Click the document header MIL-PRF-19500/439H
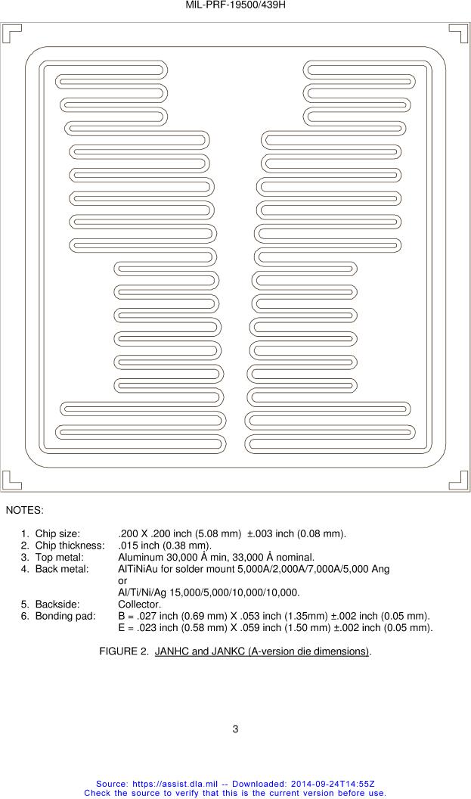click(235, 5)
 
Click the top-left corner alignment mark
click(11, 33)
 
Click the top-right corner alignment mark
click(459, 33)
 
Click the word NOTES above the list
click(24, 511)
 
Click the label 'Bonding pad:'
click(65, 616)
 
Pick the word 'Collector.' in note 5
click(139, 605)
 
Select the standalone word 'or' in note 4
click(122, 580)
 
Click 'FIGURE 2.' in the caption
click(124, 651)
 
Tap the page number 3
click(235, 729)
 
